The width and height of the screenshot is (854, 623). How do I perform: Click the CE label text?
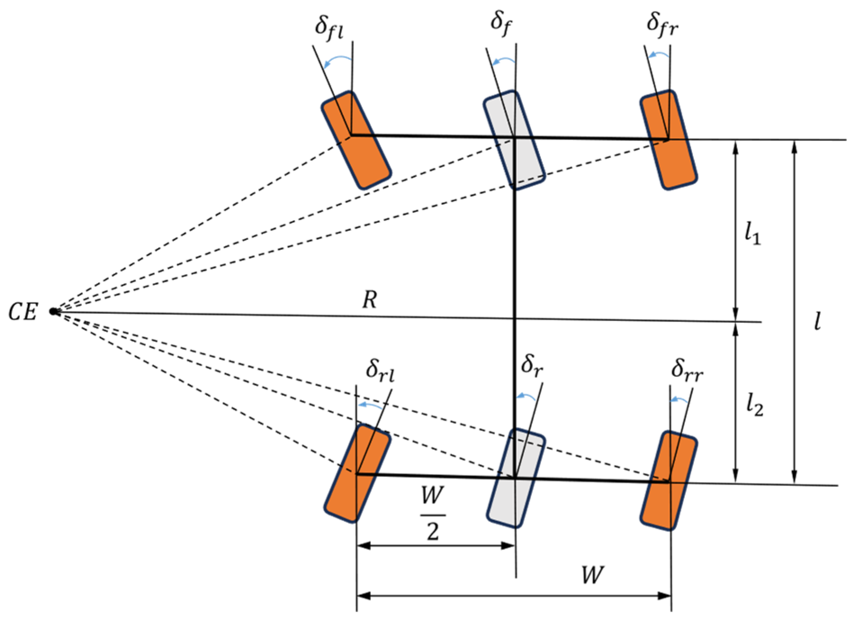22,312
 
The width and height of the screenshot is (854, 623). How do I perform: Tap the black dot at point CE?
54,311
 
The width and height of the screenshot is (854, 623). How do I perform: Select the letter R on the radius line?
370,299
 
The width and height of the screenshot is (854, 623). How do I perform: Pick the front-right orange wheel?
669,140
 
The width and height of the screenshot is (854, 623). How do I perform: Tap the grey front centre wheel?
514,140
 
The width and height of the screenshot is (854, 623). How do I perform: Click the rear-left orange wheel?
357,473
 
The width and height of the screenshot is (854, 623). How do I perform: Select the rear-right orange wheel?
669,481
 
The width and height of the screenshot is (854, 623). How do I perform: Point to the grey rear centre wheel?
516,478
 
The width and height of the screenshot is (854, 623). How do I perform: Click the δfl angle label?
329,28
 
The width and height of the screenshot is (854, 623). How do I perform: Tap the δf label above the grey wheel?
501,23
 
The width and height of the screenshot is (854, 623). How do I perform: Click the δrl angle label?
380,371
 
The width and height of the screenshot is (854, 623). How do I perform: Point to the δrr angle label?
687,371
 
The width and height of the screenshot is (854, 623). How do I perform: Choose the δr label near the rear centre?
532,366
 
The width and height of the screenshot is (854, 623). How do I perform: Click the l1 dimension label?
752,234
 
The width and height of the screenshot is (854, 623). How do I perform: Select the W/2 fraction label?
433,513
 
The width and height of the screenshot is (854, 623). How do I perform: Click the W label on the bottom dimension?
592,575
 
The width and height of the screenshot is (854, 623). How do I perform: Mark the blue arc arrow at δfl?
338,61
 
